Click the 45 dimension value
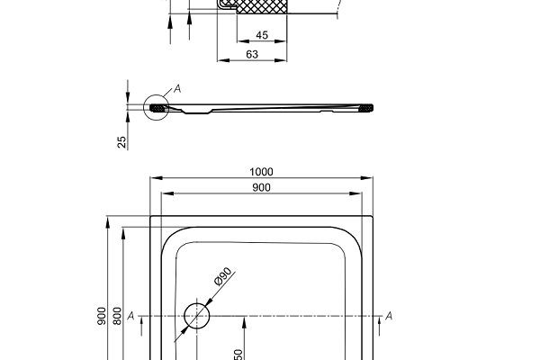(262, 35)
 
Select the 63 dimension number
(252, 56)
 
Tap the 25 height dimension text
(121, 140)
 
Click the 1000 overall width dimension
(262, 172)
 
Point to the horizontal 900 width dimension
(262, 187)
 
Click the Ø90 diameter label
(222, 278)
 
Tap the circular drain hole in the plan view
(197, 315)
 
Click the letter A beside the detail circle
(177, 88)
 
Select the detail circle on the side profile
(156, 108)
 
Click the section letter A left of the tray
(131, 316)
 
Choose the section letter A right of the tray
(389, 316)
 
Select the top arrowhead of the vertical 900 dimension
(107, 220)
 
